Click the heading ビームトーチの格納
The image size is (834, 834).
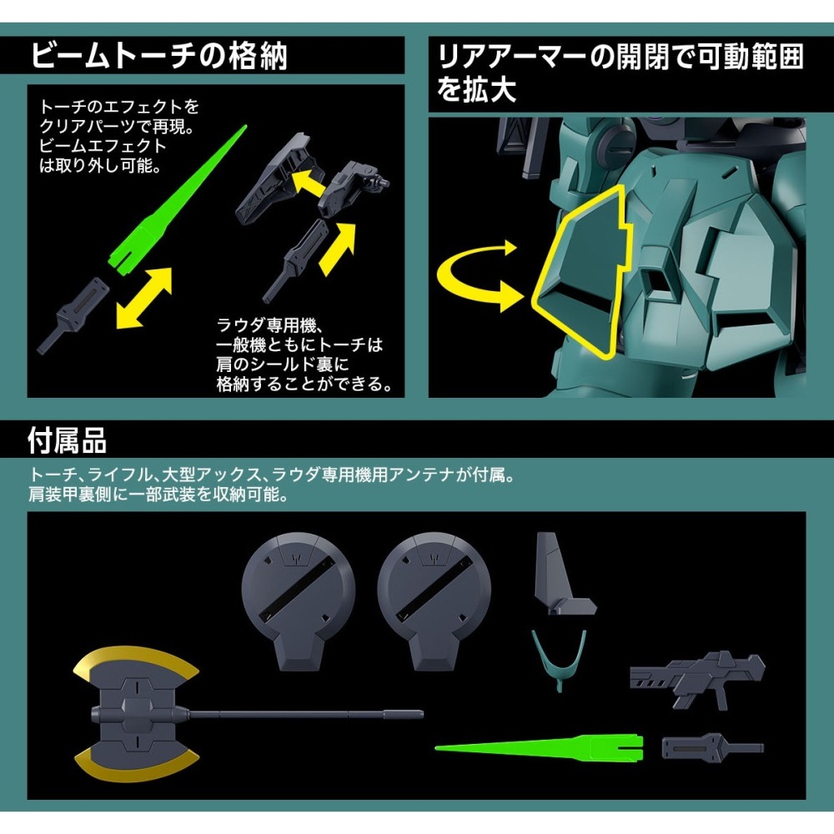[159, 56]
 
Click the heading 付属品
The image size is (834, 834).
[67, 441]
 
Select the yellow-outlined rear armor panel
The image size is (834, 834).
[582, 271]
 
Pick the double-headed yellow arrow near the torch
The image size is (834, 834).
[143, 298]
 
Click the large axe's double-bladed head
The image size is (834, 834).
[136, 713]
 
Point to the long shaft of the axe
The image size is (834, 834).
[306, 714]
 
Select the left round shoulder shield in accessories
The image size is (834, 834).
[298, 600]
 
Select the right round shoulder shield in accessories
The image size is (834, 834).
[434, 600]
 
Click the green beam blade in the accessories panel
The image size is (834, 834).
[539, 746]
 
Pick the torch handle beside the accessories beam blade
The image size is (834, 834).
[712, 746]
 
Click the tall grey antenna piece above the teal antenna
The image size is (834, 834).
[564, 574]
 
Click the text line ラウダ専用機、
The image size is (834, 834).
[269, 324]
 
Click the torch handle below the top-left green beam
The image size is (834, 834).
[73, 315]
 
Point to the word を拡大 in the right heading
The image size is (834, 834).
[476, 89]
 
